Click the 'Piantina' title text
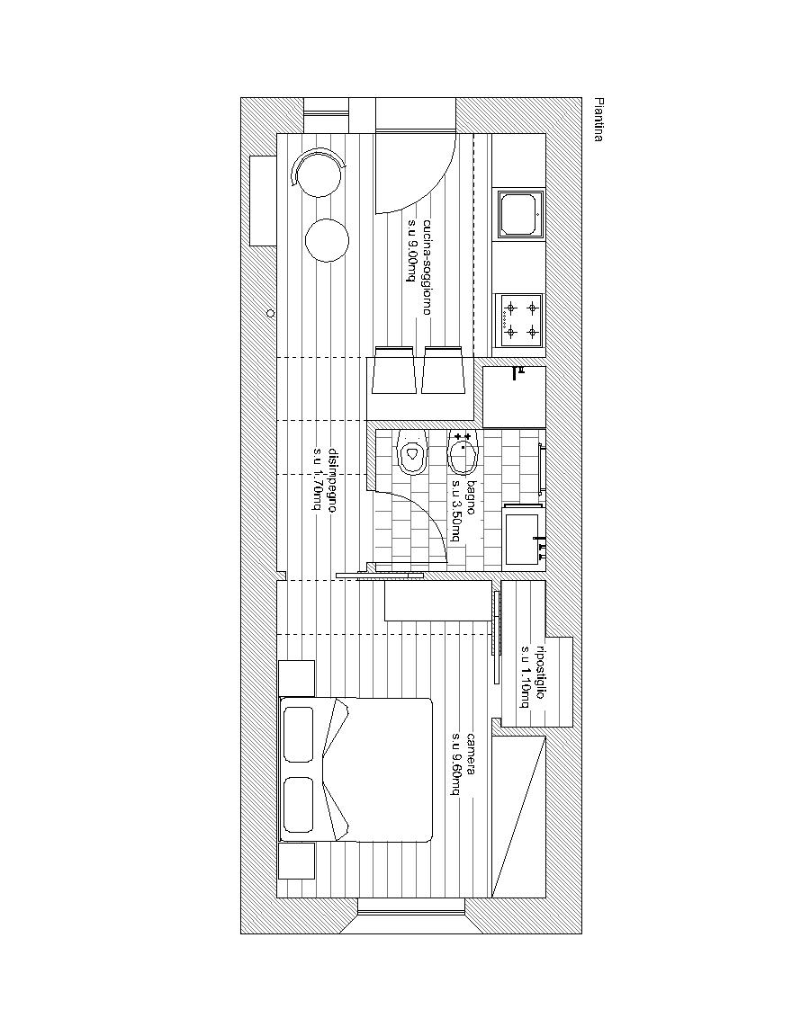tap(598, 121)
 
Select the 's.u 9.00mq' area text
tap(411, 252)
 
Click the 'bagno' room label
tap(471, 496)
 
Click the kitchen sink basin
tap(520, 214)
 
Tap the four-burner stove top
tap(519, 321)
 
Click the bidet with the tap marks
tap(463, 453)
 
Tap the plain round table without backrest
tap(328, 240)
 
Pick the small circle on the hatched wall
tap(270, 313)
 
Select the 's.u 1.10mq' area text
tap(525, 676)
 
